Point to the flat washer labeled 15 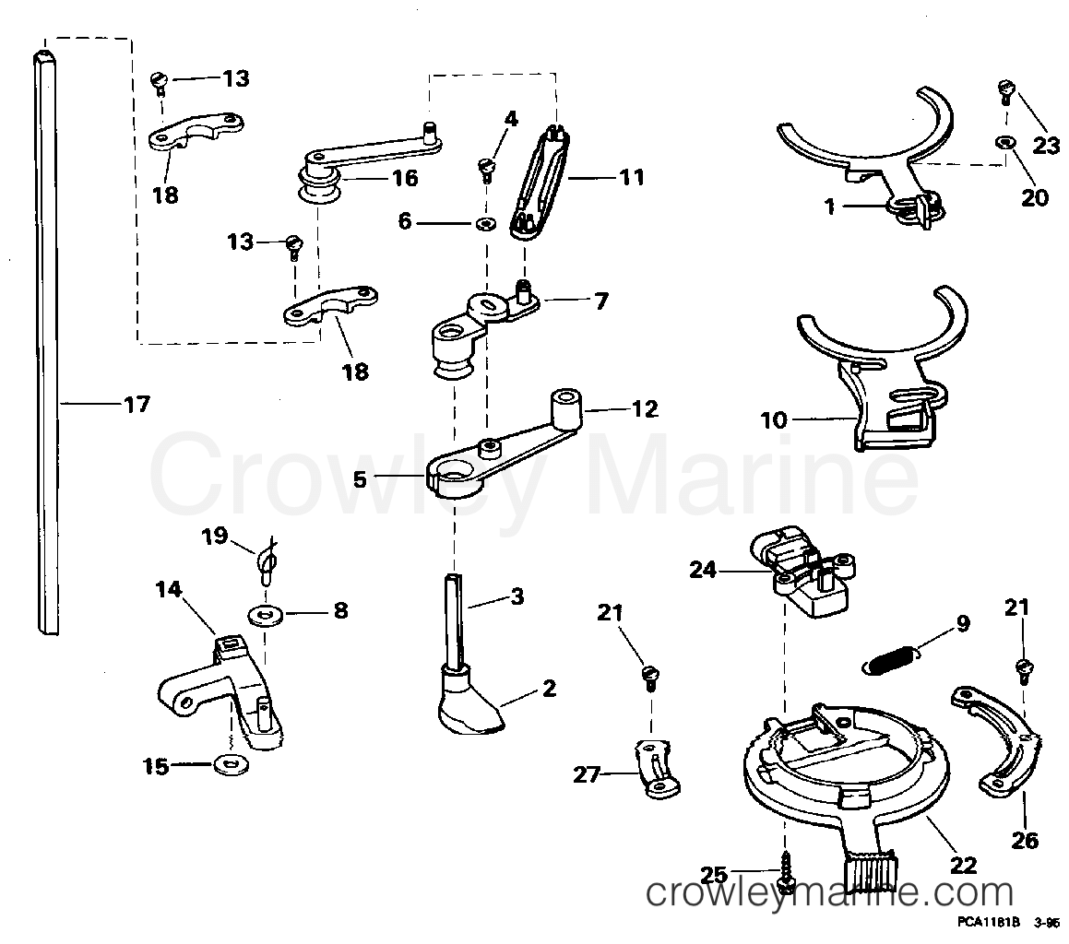224,764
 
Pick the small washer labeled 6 486,224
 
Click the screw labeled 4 486,169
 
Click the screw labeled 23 1005,90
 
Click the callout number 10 775,420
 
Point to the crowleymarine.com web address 829,892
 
